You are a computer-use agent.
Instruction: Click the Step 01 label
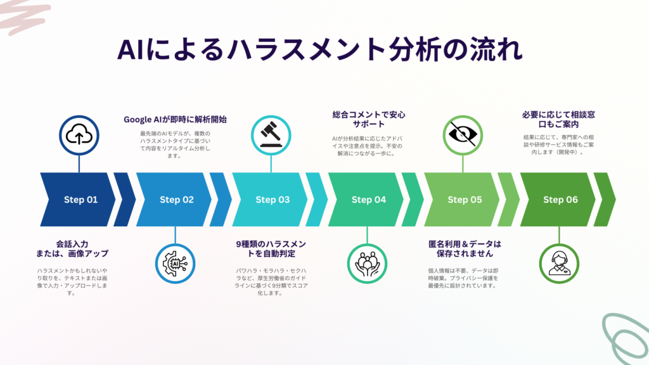80,200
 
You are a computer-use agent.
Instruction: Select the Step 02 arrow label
177,200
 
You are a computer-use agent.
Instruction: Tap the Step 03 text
273,200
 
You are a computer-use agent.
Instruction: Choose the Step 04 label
369,200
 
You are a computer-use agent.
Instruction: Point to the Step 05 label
465,200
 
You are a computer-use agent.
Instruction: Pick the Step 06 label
560,200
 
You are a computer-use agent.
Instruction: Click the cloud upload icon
79,136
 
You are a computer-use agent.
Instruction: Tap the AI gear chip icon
175,264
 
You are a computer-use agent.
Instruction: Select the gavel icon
271,136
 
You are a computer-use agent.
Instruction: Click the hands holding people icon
367,264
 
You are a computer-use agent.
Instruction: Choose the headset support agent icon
559,264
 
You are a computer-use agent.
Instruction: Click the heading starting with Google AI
175,120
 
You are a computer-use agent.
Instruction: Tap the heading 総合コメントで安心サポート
369,119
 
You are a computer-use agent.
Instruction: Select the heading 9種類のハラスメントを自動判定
271,248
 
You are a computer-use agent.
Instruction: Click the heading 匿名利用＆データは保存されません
465,248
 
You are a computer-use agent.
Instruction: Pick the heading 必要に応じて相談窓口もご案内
558,119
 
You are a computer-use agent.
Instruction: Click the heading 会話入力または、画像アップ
72,248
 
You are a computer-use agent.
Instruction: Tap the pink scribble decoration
25,16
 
